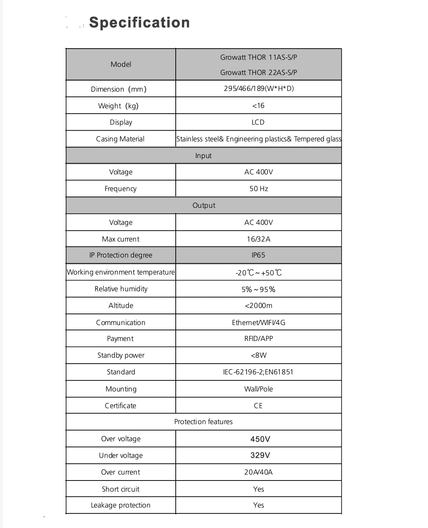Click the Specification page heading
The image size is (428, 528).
pos(139,23)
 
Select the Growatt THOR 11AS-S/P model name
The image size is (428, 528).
pos(259,57)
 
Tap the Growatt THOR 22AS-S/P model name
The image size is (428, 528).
pos(259,72)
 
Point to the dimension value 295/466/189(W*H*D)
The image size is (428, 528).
pos(259,89)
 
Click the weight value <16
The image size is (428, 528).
pos(258,106)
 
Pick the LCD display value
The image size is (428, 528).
pos(258,122)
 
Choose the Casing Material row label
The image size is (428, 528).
pos(120,139)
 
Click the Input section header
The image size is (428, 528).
pos(203,155)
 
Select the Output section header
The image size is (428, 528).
pos(204,205)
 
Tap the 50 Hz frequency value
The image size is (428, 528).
pos(259,188)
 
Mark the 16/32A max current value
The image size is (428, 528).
pos(259,239)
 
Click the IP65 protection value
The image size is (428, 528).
pos(258,255)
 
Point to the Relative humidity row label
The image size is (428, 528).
pos(121,289)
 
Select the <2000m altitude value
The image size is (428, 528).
pos(259,305)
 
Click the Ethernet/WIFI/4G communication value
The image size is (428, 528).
pos(259,322)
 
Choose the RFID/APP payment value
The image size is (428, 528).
pos(259,338)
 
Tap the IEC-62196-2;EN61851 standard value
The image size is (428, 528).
pos(258,372)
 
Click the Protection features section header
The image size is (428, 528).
pos(203,422)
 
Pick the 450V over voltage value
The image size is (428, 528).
pos(260,439)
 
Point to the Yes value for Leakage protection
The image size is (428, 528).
pos(259,505)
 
